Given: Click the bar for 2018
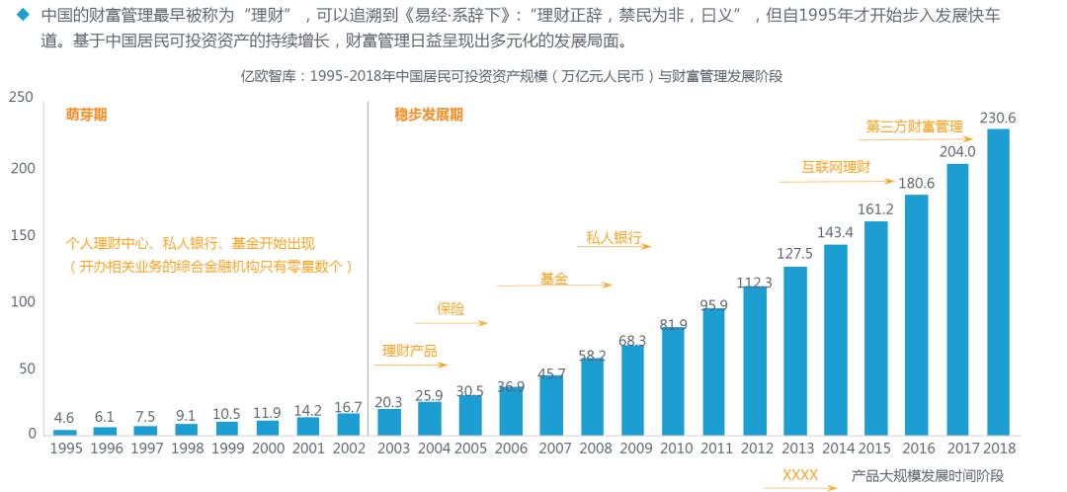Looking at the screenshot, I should coord(998,282).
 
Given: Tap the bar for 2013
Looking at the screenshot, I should coord(795,351).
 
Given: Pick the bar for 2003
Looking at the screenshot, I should coord(389,421).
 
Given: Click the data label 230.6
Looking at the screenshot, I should coord(998,119).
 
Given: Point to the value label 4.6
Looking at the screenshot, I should coord(64,417).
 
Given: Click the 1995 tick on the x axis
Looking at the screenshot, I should coord(64,449).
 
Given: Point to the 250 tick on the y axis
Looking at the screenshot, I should coord(22,97).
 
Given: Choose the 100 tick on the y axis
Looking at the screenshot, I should coord(22,300).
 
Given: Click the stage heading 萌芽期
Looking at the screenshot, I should coord(87,115).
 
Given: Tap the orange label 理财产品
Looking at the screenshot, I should coord(410,351).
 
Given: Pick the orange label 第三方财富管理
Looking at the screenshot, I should coord(914,126).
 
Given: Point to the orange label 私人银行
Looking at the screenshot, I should coord(614,238).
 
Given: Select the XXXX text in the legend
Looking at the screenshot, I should coord(799,475).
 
